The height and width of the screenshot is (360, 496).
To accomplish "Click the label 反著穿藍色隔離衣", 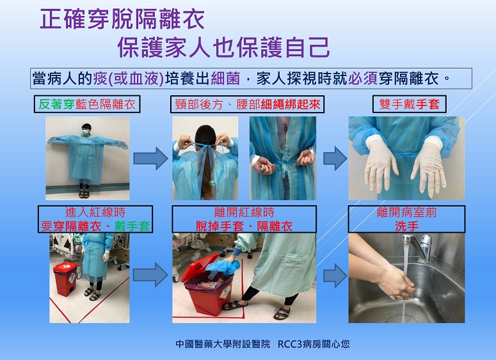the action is coord(87,104).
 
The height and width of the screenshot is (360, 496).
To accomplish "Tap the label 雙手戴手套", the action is coord(410,104).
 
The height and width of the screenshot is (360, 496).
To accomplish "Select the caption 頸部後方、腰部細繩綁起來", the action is coord(248,104).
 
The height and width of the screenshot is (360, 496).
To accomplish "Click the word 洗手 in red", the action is coord(407,226).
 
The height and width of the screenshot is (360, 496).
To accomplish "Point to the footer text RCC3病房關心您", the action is coord(314,344).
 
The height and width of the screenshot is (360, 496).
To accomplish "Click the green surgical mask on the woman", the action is coord(86,133).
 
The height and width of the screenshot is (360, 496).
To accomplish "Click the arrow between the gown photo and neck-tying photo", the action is coord(150,159).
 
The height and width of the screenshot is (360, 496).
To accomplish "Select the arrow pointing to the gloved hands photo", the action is coord(335,159).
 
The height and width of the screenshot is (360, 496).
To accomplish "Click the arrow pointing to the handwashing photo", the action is coord(335,276).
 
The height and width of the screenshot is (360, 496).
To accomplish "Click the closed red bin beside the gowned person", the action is coord(65,279).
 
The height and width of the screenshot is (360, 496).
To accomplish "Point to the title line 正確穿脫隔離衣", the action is coord(122,20).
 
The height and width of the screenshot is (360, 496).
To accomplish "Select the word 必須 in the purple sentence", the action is coord(363,79).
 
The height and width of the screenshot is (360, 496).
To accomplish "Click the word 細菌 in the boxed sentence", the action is coord(225,79).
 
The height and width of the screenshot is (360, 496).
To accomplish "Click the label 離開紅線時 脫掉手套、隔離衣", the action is coord(244,219).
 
